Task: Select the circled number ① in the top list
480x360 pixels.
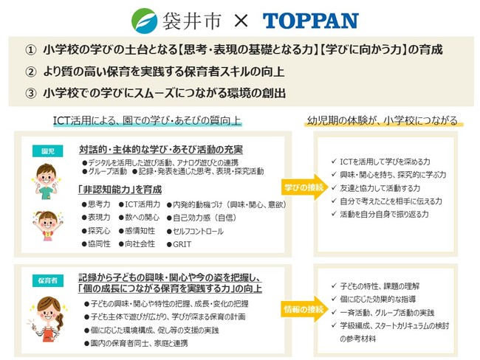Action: [x=30, y=50]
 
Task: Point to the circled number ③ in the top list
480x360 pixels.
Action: [x=30, y=94]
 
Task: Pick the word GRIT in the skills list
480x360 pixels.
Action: [x=182, y=243]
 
